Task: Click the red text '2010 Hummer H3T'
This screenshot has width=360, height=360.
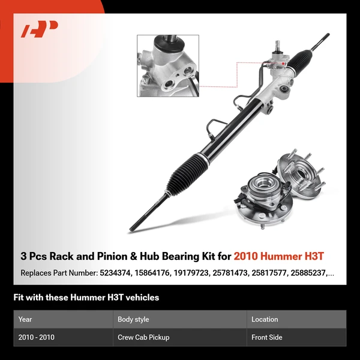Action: click(279, 257)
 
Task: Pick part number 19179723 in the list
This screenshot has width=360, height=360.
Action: click(196, 273)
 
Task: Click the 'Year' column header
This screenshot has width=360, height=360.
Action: click(25, 319)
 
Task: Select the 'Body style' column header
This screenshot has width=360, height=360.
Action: click(133, 319)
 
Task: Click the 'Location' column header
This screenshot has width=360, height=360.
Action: click(265, 319)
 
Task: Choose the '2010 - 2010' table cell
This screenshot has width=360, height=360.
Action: click(37, 337)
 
